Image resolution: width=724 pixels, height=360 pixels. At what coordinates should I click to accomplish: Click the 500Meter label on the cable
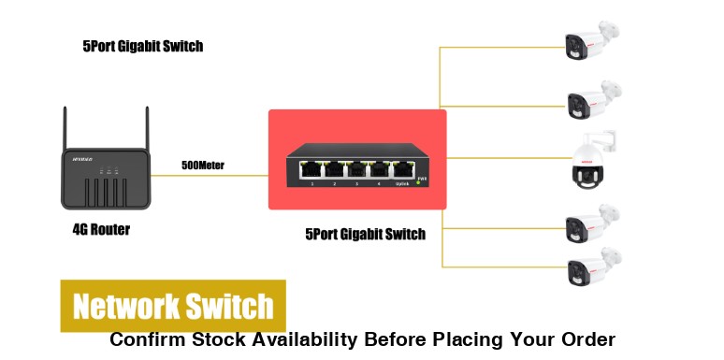coord(203,166)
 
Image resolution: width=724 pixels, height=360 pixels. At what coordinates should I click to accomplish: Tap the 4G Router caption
coord(101,229)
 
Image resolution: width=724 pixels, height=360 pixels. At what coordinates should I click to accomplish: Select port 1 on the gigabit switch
coord(310,170)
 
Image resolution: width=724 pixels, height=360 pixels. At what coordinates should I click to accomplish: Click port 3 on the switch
coord(356,170)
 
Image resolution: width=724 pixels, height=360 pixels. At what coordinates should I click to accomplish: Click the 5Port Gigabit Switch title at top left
coord(142,46)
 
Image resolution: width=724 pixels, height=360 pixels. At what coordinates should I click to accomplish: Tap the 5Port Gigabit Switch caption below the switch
coord(366,234)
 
